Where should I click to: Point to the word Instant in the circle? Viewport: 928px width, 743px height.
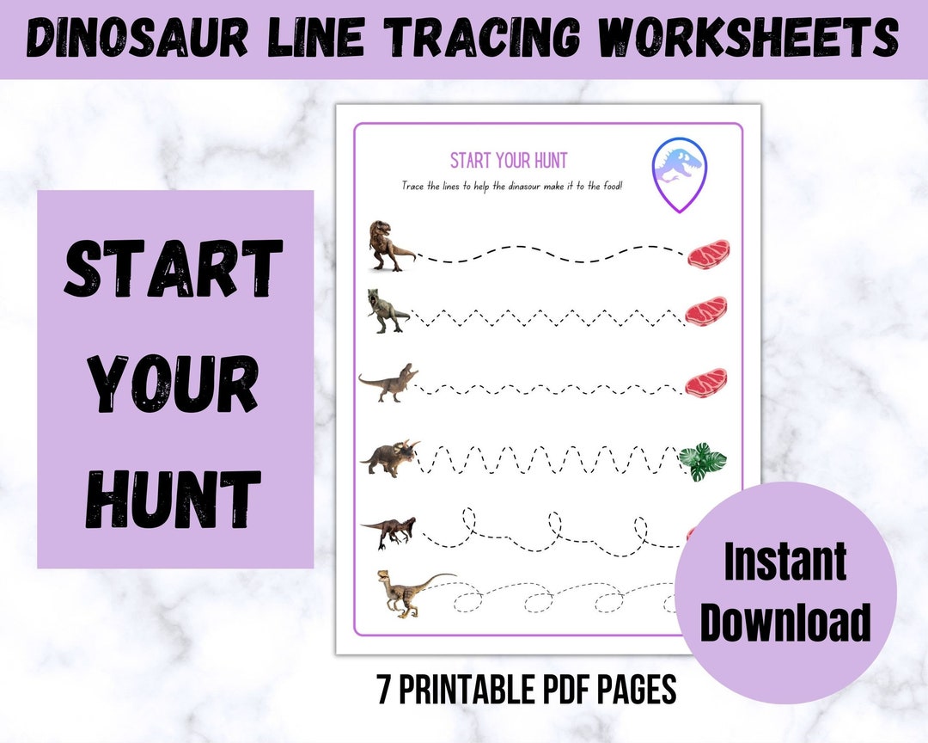tap(785, 563)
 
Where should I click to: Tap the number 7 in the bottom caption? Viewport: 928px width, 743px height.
tap(383, 689)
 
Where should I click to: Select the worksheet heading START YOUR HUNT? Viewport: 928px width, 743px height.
tap(509, 161)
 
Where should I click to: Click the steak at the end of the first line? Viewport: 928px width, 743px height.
tap(710, 253)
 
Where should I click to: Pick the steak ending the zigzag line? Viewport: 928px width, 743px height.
tap(706, 310)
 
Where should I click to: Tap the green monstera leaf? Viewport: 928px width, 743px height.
tap(702, 463)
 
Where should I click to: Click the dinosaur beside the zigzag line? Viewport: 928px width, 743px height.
tap(388, 310)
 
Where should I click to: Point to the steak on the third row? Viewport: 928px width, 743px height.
tap(706, 382)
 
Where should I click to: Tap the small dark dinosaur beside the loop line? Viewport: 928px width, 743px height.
tap(389, 531)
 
